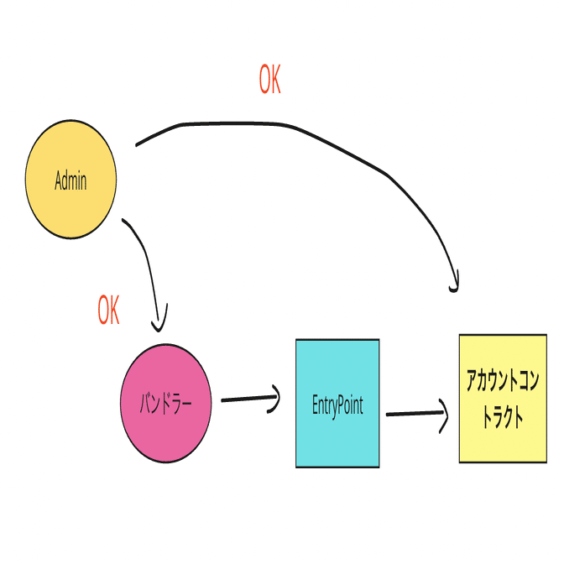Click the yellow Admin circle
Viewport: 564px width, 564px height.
[70, 179]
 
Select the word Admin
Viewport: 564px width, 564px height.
[70, 180]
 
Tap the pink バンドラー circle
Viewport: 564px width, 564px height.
[166, 403]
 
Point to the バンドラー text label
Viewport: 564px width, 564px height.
[165, 404]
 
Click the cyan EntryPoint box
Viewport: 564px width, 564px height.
[337, 403]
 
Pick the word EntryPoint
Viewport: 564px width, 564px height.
[337, 406]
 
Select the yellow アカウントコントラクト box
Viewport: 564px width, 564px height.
[503, 399]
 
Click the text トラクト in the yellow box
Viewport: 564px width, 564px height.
[503, 418]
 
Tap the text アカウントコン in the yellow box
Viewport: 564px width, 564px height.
[503, 380]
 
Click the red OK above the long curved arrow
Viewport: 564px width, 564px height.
[269, 79]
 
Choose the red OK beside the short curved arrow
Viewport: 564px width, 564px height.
[108, 310]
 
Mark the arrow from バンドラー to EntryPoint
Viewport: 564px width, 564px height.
[250, 399]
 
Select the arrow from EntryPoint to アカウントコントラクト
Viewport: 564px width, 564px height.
[417, 414]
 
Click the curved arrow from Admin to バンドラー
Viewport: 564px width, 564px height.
[149, 259]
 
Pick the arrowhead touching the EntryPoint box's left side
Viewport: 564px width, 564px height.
[275, 399]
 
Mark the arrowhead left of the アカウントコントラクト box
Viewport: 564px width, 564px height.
[444, 415]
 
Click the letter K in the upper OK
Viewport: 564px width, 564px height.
[275, 79]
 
